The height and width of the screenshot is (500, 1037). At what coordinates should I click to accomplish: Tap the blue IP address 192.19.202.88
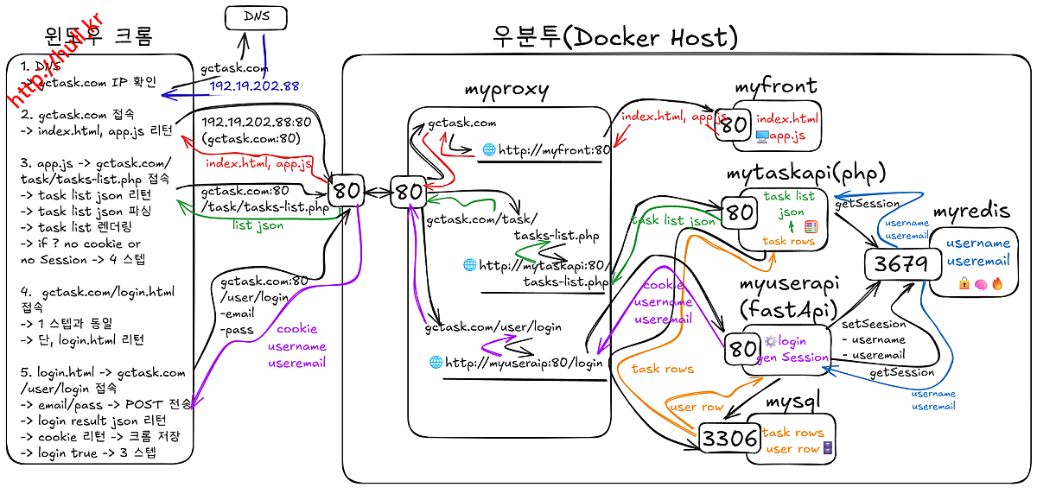point(254,86)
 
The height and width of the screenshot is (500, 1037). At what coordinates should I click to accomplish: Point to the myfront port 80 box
point(734,125)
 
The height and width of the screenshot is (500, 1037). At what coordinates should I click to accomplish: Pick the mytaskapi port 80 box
point(740,212)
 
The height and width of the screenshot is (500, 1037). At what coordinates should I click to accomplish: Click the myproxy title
point(506,89)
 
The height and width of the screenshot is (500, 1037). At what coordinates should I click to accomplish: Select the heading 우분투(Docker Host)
point(614,37)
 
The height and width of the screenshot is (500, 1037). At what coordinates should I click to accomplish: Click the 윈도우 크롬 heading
point(99,37)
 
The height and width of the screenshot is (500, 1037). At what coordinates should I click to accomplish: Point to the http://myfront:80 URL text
point(546,150)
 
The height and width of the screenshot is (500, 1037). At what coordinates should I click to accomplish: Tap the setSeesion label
point(874,324)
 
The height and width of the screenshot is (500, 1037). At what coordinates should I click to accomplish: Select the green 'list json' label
point(258,225)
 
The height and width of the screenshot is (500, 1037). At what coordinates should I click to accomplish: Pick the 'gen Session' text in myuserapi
point(792,358)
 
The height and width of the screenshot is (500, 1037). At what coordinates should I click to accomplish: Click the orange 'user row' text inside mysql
point(792,449)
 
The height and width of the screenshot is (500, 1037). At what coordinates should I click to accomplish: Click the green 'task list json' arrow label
point(673,220)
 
